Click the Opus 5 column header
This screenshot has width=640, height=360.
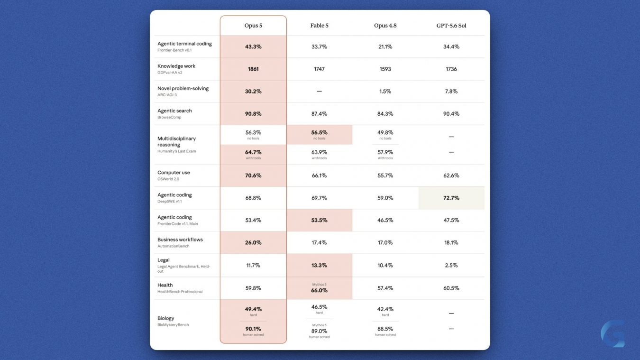tap(253, 26)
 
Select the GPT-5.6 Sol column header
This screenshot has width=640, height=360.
tap(451, 26)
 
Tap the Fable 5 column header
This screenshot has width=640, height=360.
tap(319, 26)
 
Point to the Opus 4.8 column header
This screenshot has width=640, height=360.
tap(385, 26)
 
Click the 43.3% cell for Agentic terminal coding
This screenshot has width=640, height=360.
tap(253, 46)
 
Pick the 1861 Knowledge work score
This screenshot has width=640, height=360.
tap(253, 69)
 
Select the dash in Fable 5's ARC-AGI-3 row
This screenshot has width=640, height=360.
tap(319, 91)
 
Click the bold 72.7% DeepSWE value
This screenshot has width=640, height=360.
tap(451, 198)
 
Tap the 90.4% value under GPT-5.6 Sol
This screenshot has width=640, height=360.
tap(451, 114)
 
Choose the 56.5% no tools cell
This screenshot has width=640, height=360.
tap(319, 135)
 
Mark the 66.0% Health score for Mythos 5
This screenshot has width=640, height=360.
tap(319, 290)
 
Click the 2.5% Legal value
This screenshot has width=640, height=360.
tap(451, 265)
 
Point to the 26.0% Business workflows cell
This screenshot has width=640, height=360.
tap(253, 242)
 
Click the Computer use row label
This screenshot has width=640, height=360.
tap(174, 173)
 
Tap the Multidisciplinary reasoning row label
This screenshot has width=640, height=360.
tap(176, 141)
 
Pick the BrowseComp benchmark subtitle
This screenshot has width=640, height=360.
tap(169, 117)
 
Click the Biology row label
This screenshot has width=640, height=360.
tap(165, 318)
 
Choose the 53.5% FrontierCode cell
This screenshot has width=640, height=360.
tap(319, 220)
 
